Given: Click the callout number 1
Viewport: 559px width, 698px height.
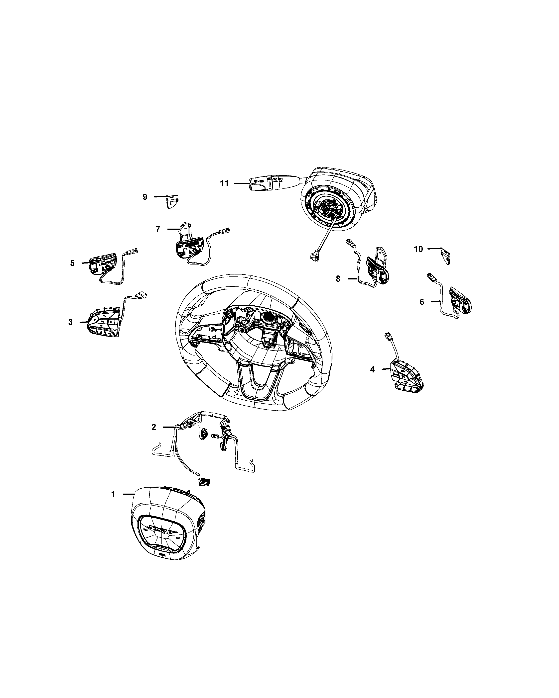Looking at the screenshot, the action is [x=113, y=503].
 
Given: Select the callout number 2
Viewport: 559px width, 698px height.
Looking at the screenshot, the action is [x=154, y=427].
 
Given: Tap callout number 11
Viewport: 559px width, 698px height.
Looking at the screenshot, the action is [x=224, y=183].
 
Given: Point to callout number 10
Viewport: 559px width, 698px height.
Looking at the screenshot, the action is [x=418, y=249].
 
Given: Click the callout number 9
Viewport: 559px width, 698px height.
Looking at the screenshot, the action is [x=145, y=197].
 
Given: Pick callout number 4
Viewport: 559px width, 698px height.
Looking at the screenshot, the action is [x=372, y=369].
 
